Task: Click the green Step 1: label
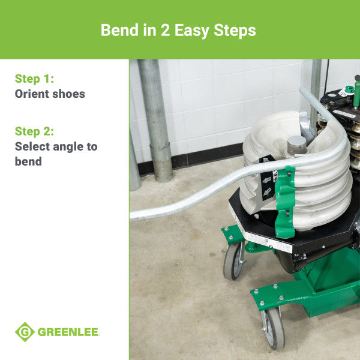pos(34,78)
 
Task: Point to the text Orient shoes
pos(50,94)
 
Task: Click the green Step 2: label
pos(35,131)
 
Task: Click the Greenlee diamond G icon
pos(25,332)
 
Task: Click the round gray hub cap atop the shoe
pos(296,144)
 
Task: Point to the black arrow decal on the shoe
pos(266,180)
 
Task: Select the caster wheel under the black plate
pos(233,260)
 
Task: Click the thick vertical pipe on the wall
pos(155,120)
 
